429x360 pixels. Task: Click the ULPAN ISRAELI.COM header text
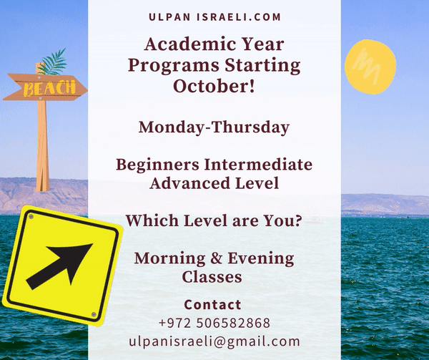pos(214,17)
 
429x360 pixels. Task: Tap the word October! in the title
pos(214,86)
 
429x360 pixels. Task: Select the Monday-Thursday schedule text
pos(214,127)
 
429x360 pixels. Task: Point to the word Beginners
pos(157,165)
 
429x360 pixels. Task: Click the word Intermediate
pos(258,165)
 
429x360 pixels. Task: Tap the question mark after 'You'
pos(298,220)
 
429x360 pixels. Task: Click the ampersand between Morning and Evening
pos(216,258)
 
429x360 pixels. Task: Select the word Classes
pos(212,276)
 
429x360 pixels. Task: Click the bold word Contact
pos(212,305)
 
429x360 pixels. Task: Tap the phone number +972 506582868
pos(214,323)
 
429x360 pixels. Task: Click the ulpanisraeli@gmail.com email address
pos(214,341)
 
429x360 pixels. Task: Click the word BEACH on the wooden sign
pos(49,88)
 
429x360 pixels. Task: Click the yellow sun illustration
pos(370,67)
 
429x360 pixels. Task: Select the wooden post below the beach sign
pos(43,146)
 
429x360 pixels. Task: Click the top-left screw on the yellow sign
pos(31,217)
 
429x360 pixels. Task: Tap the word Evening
pos(261,259)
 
